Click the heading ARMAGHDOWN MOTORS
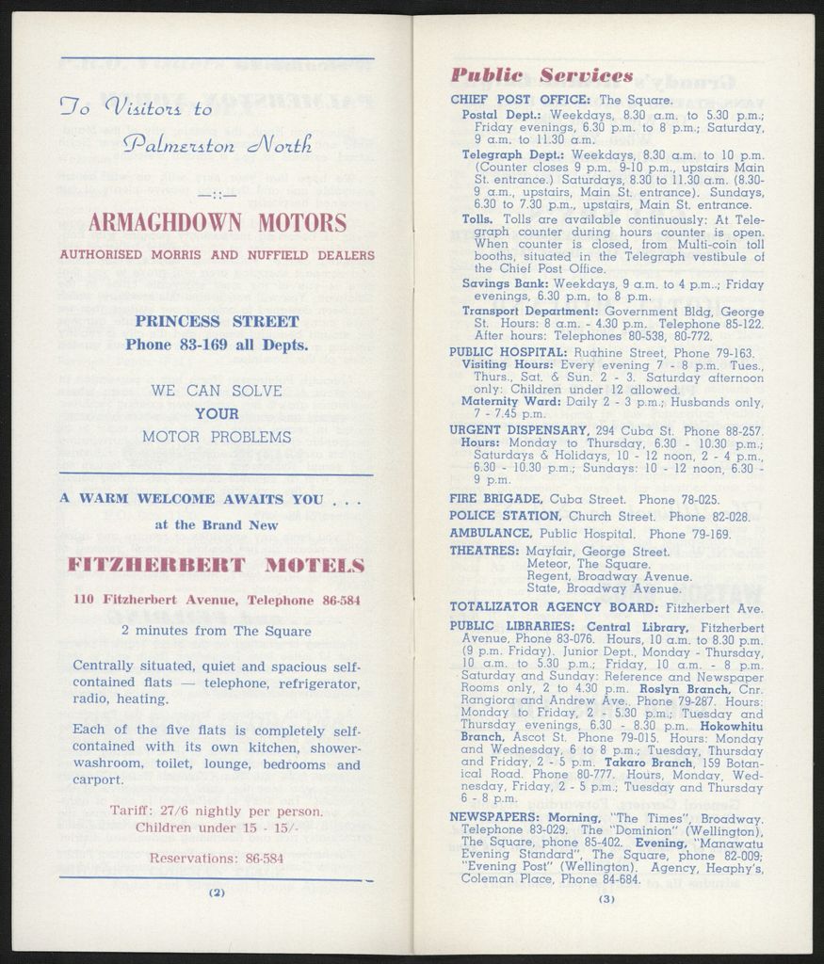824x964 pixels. coord(217,223)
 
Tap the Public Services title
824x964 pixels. coord(541,75)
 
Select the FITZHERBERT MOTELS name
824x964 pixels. coord(217,565)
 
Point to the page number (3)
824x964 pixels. coord(606,899)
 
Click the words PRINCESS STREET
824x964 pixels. coord(217,321)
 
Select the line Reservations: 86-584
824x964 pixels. coord(217,859)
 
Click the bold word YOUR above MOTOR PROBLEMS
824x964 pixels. coord(217,413)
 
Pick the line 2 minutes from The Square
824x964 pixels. coord(217,631)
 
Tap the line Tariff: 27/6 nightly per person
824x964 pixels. coord(217,811)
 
